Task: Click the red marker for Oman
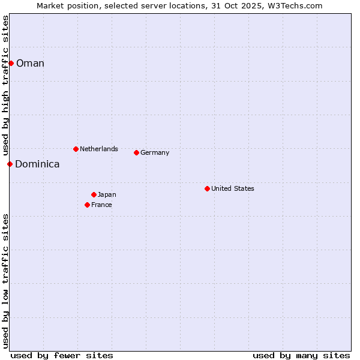(x=11, y=63)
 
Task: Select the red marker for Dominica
(x=10, y=164)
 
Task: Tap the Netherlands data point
(x=76, y=149)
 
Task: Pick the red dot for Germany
(x=136, y=152)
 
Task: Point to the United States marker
(x=207, y=188)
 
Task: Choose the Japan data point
(x=94, y=194)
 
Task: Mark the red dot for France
(x=88, y=205)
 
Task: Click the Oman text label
(x=30, y=64)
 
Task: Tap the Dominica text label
(x=37, y=164)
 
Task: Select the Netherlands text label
(x=99, y=149)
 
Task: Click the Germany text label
(x=155, y=152)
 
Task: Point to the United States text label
(x=233, y=188)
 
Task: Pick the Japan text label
(x=107, y=194)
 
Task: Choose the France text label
(x=101, y=205)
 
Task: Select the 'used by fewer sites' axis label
(x=62, y=355)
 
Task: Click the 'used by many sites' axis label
(x=301, y=355)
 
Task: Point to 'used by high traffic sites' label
(x=5, y=85)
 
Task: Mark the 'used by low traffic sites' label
(x=5, y=281)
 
